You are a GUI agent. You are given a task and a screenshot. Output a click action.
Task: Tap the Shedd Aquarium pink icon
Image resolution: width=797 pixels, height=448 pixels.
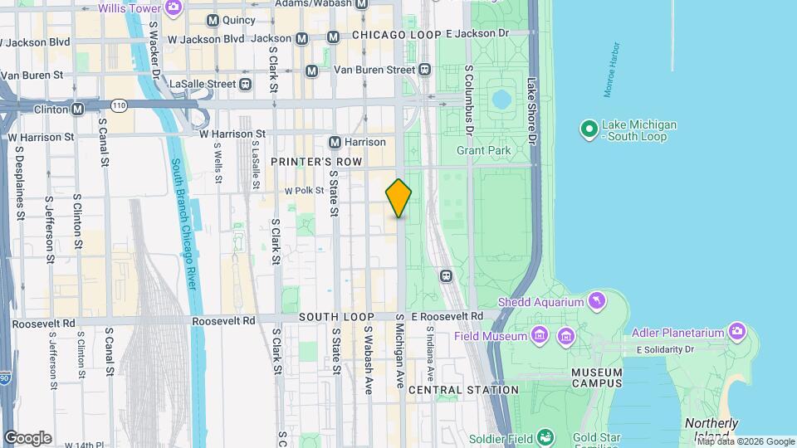[x=596, y=300]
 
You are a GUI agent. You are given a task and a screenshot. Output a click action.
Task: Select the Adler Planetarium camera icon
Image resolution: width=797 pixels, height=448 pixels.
[x=736, y=332]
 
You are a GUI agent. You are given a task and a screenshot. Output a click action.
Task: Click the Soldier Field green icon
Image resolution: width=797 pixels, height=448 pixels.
[x=545, y=436]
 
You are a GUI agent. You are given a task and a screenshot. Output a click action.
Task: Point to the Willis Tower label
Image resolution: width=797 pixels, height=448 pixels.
[x=129, y=8]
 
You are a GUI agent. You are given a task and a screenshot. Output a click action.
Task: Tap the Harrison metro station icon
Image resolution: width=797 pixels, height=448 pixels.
[x=335, y=142]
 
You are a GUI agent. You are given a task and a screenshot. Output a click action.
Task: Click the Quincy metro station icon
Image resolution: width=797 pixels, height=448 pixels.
[x=213, y=20]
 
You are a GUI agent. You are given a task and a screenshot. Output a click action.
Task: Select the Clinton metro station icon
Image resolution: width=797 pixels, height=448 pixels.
[x=78, y=109]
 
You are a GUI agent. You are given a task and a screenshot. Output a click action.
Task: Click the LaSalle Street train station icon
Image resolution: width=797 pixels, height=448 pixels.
[x=245, y=84]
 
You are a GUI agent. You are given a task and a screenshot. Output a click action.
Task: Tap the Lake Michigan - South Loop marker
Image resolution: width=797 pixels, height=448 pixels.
[x=589, y=129]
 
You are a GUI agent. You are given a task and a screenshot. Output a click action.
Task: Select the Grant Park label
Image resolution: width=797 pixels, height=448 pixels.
[x=483, y=150]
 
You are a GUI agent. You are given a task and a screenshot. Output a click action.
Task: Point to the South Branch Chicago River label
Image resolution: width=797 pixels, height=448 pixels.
[x=183, y=224]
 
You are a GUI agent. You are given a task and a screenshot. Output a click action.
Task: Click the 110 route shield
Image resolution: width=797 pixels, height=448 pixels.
[x=120, y=105]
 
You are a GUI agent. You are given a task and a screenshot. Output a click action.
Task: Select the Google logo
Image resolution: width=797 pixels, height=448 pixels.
[x=27, y=437]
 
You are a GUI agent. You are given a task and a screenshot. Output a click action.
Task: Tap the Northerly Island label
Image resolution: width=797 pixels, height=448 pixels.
[x=711, y=429]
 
